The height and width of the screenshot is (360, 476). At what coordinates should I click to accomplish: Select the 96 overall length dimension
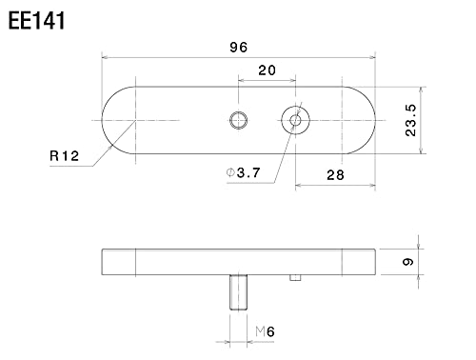tap(238, 45)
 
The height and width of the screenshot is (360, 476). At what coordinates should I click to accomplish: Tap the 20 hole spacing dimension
tap(267, 70)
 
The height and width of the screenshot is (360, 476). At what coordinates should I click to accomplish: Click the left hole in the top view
tap(238, 119)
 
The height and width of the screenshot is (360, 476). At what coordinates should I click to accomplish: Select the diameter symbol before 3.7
tap(229, 171)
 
